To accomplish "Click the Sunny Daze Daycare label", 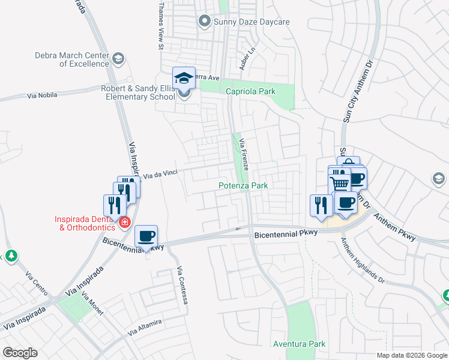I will tap(252, 22).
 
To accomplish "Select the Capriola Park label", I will tap(250, 91).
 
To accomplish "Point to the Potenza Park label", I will tap(243, 186).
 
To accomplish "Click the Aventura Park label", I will tap(299, 344).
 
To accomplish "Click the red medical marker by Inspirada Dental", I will tap(124, 223).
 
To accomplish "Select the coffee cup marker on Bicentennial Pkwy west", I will tap(146, 236).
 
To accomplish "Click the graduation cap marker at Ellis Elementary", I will tap(184, 78).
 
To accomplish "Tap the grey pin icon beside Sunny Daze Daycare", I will tap(204, 22).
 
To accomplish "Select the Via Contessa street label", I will tap(182, 285).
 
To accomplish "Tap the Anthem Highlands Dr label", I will tap(363, 260).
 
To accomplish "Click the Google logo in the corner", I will tap(20, 353).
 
